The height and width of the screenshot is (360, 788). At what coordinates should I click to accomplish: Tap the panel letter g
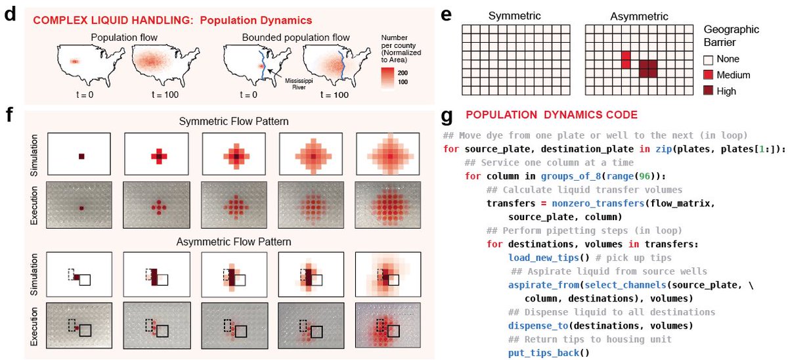coord(447,116)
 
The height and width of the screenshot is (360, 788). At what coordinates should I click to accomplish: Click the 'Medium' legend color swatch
coord(708,76)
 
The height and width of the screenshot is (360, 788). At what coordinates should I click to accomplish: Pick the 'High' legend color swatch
coord(708,91)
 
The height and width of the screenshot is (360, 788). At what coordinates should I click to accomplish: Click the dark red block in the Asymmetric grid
coord(647,68)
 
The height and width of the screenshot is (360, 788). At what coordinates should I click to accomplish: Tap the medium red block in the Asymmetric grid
coord(625,60)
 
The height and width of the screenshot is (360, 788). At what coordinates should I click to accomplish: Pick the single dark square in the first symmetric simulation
coord(81,156)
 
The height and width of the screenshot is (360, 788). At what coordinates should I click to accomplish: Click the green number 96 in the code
coord(599,175)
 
